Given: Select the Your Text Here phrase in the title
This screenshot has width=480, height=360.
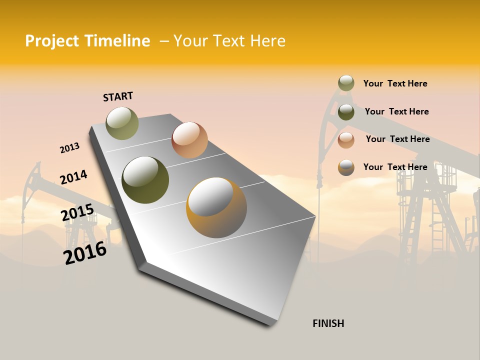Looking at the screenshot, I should [x=229, y=41].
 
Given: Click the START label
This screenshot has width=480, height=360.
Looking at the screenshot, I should [x=118, y=96].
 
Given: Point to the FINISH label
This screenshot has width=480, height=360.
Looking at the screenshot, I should [x=328, y=323].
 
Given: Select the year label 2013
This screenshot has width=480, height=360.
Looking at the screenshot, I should [x=69, y=148].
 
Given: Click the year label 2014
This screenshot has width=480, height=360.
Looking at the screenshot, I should [x=73, y=177].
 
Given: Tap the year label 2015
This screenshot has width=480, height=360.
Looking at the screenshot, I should [x=77, y=212].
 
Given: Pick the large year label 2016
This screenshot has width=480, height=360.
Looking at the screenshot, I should [x=85, y=253].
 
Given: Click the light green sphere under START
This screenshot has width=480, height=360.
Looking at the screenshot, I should [x=122, y=123].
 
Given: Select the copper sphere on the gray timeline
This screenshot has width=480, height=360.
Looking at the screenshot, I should [x=189, y=140].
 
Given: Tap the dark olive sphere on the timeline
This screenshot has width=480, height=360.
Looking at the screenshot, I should [x=145, y=180].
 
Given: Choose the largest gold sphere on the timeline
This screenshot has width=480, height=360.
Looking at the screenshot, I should [x=216, y=207].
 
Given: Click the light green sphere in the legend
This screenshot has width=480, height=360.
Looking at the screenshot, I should [x=346, y=83].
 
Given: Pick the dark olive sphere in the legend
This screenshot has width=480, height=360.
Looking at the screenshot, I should [x=346, y=112].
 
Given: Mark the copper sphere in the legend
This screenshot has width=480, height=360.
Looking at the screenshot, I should [x=346, y=140].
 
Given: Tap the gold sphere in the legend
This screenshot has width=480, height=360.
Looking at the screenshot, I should [x=346, y=167].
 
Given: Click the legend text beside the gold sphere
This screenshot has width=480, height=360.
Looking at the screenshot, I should [x=395, y=167].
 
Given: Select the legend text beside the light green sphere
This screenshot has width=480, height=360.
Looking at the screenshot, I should [x=395, y=83].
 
